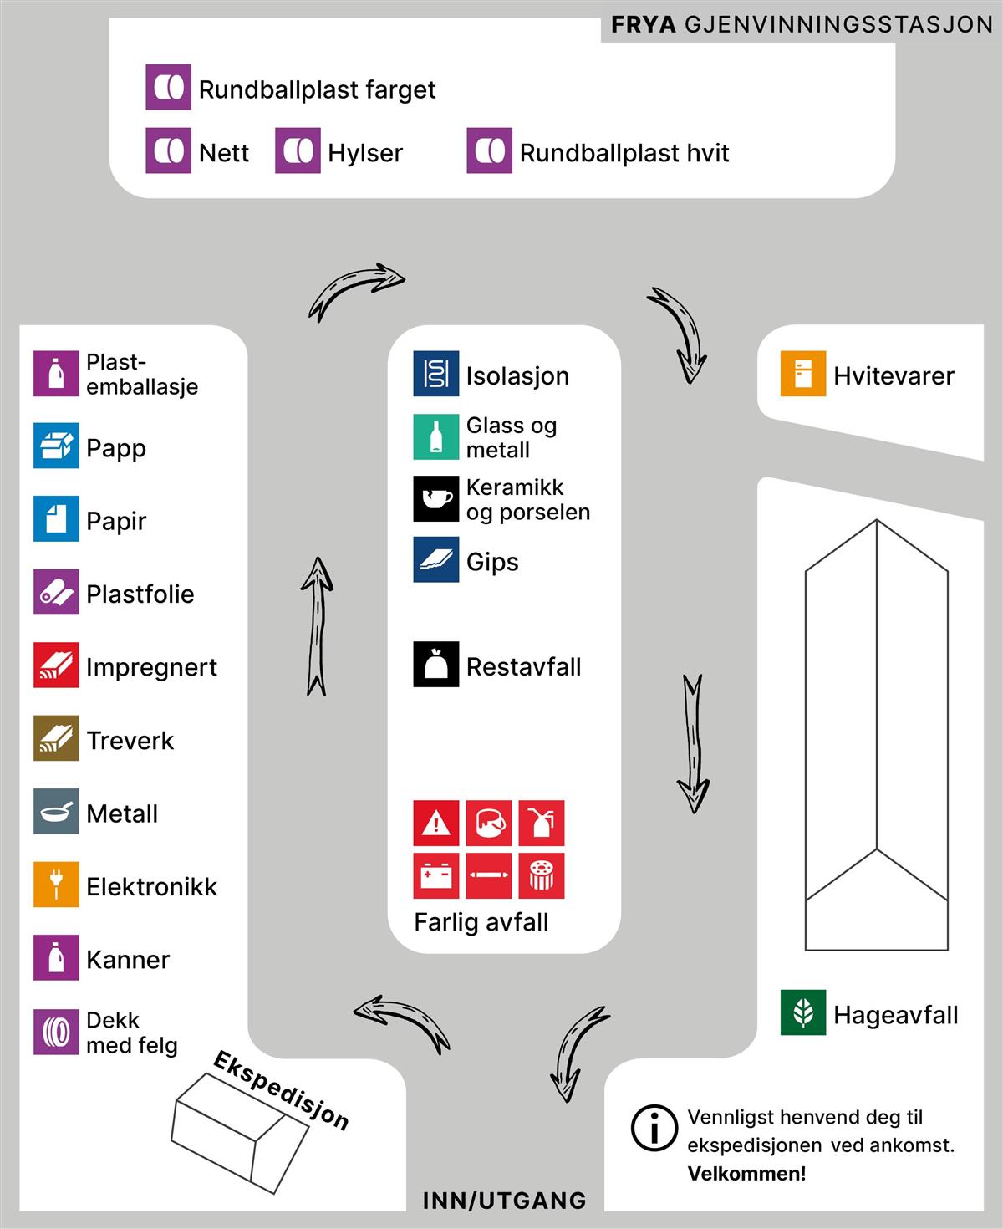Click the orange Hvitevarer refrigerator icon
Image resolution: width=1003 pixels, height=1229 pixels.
click(x=802, y=374)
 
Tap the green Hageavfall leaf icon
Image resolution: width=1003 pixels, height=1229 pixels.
click(x=802, y=1012)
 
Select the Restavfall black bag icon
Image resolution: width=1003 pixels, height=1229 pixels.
click(x=435, y=665)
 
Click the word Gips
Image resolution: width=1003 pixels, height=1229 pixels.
click(x=492, y=562)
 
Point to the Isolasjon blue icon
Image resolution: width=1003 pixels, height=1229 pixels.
click(x=435, y=374)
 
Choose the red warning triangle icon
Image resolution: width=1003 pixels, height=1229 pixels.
click(x=435, y=824)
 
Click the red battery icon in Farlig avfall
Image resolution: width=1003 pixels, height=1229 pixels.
click(x=435, y=875)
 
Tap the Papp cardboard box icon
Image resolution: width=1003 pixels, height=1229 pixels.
click(x=56, y=446)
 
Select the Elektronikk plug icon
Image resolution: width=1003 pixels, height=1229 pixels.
click(x=56, y=885)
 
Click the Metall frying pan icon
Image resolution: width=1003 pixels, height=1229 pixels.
click(x=56, y=811)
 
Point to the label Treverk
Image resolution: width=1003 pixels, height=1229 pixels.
click(x=130, y=741)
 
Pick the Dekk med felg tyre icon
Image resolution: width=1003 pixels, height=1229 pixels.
click(x=56, y=1032)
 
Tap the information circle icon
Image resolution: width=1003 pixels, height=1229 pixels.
click(x=654, y=1129)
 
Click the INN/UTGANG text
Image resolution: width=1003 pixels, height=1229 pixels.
click(x=504, y=1201)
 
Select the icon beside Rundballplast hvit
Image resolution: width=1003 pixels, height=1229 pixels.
click(x=489, y=151)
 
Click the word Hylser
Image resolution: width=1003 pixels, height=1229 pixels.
click(x=365, y=153)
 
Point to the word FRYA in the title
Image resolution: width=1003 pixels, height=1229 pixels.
click(x=643, y=25)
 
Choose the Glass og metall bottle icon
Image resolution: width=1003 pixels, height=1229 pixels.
click(x=435, y=437)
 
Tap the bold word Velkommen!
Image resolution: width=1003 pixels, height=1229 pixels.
click(x=746, y=1174)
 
